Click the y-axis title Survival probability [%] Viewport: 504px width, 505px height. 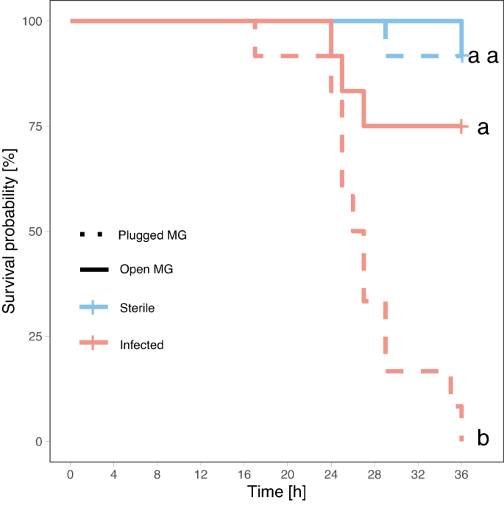coord(10,231)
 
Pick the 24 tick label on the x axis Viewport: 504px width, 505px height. coord(331,474)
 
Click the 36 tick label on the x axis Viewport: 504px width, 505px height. coord(461,474)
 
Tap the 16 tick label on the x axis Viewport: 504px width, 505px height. coord(244,474)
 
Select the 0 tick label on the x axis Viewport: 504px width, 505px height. coord(71,474)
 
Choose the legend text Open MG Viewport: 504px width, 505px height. coord(146,270)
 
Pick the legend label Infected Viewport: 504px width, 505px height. coord(141,343)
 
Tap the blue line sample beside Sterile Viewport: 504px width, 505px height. coord(93,307)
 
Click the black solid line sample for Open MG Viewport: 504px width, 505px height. coord(93,270)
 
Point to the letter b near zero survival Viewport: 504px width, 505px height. coord(483,439)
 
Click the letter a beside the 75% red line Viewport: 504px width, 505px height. coord(483,127)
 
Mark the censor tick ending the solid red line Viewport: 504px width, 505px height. coord(461,126)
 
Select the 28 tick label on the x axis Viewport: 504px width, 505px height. coord(375,474)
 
